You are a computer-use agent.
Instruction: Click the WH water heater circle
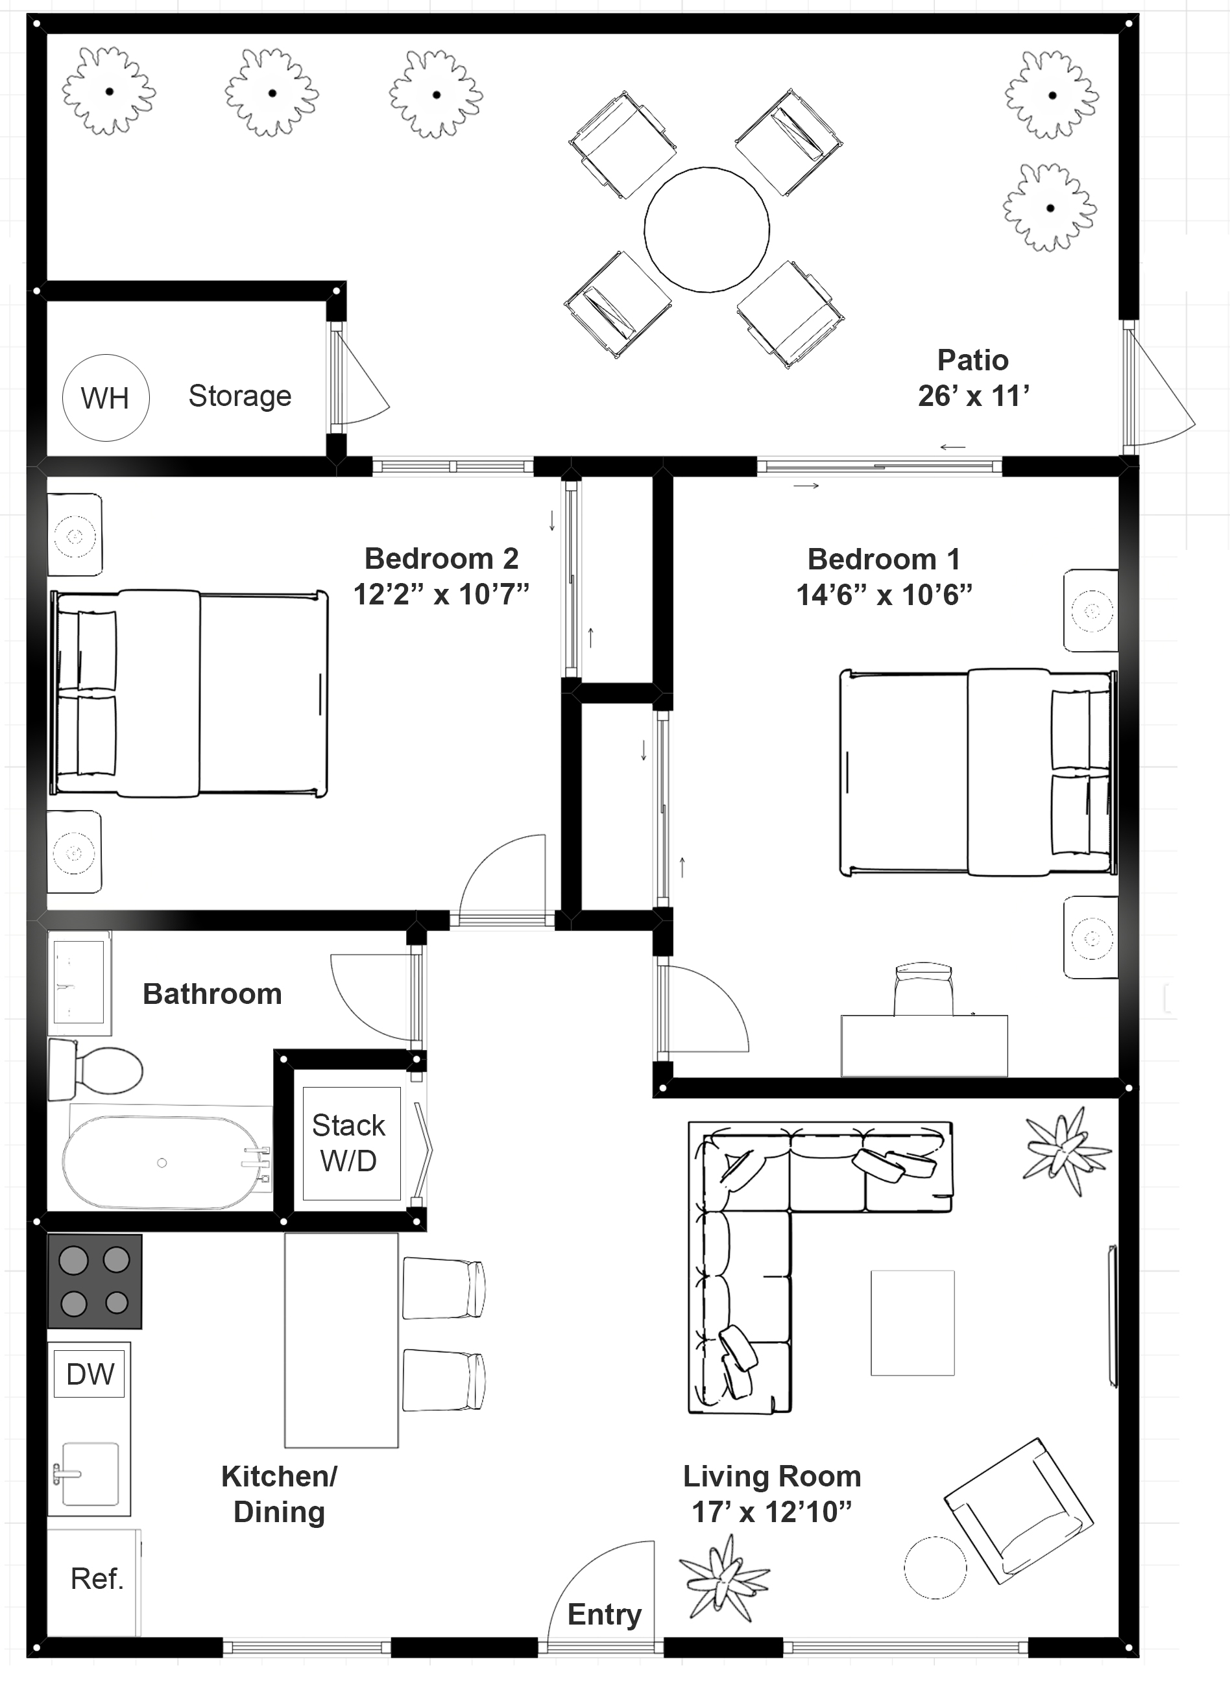105,398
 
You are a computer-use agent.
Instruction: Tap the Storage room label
240,396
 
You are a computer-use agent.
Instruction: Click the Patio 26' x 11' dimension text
973,396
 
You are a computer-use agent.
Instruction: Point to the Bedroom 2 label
440,558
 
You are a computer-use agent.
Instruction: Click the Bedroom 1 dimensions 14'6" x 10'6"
884,595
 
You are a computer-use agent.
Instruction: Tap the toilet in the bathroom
97,1071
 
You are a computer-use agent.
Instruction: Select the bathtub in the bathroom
162,1162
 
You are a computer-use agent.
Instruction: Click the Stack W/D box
349,1143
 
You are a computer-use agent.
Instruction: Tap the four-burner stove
95,1281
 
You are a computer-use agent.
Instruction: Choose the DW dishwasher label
90,1374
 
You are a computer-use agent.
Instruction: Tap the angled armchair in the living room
1019,1510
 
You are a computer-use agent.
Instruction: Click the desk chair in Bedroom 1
923,990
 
